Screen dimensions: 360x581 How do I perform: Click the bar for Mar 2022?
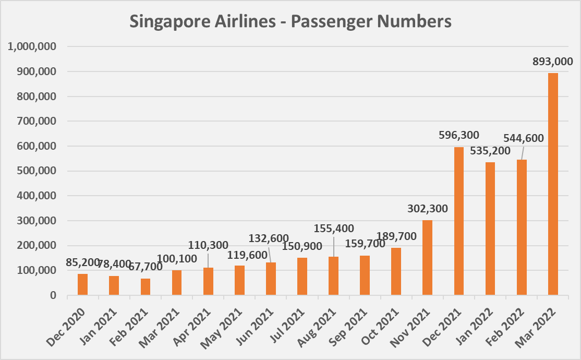[553, 184]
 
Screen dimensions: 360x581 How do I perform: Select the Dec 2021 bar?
[459, 221]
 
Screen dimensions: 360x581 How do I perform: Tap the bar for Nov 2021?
[427, 258]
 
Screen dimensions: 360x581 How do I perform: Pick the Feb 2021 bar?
[145, 287]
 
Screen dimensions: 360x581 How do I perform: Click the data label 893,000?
[552, 62]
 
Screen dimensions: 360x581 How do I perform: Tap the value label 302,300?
[427, 209]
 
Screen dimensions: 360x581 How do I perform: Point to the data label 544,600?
[523, 138]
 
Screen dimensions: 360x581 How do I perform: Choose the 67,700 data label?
[144, 267]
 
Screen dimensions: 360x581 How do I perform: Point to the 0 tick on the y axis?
[53, 295]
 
